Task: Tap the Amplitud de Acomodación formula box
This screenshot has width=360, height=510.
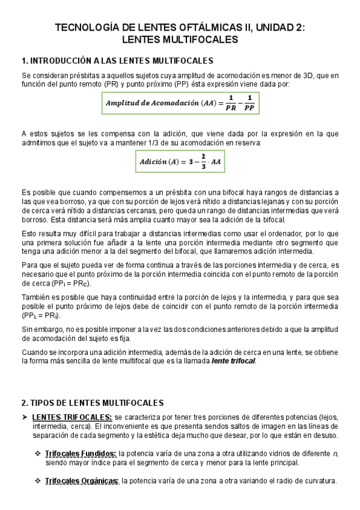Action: (180, 103)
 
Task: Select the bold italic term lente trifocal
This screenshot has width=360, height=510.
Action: (233, 361)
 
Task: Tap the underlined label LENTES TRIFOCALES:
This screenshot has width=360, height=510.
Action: (72, 417)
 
